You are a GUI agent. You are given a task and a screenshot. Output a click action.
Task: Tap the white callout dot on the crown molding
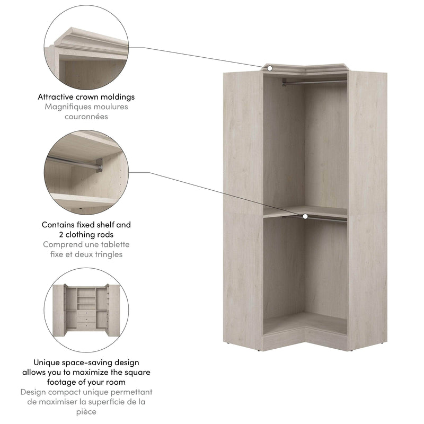[270, 68]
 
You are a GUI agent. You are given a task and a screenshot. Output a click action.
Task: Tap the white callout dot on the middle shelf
[305, 216]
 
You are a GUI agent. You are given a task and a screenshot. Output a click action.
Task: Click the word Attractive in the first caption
[58, 97]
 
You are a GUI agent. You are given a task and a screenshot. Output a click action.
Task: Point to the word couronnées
[86, 116]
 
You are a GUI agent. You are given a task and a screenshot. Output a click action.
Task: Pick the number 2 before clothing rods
[61, 234]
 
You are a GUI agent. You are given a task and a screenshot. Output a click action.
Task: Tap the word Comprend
[61, 244]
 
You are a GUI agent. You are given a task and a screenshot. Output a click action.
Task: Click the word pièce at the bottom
[86, 411]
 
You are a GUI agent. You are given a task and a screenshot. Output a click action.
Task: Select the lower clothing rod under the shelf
[318, 218]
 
